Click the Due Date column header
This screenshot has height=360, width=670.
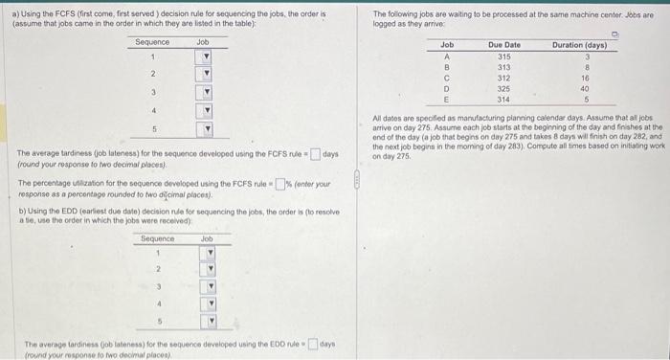pos(503,45)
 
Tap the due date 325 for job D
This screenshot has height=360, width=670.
pos(503,88)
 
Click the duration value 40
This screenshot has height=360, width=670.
pos(585,88)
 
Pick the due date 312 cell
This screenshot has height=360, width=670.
pos(503,78)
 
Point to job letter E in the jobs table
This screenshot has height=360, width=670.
pos(447,99)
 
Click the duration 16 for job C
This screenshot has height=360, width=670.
pos(585,78)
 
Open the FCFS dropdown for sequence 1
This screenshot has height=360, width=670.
pos(204,56)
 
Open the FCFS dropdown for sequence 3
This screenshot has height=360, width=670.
pos(204,93)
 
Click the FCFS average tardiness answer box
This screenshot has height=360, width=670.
pos(314,154)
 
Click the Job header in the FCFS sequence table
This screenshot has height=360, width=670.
pos(203,42)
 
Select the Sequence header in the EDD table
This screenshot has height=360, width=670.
pos(158,238)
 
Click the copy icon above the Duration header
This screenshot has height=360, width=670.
pos(614,34)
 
